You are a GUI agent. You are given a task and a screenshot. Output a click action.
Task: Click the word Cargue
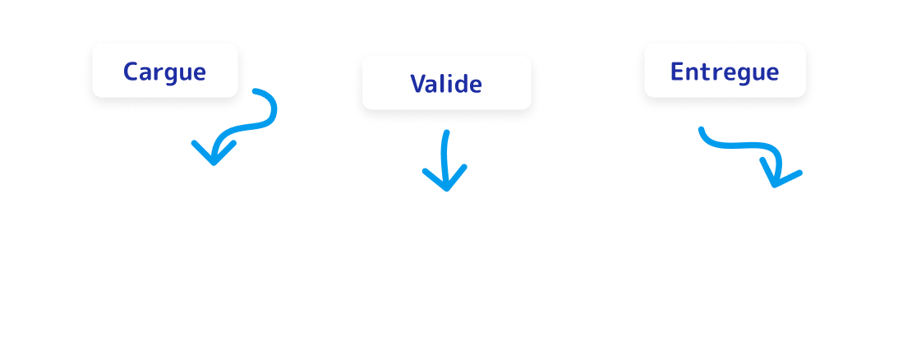(x=164, y=72)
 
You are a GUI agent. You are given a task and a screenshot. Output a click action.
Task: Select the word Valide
(x=446, y=84)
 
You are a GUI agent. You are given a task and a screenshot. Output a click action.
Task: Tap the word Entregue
(x=724, y=72)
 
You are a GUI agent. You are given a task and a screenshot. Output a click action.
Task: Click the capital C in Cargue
(x=131, y=72)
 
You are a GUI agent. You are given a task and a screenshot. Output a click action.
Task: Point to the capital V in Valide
(x=417, y=84)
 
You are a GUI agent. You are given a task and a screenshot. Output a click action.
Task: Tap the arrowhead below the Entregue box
(x=776, y=177)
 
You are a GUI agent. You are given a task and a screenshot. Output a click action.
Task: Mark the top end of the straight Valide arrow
(x=447, y=132)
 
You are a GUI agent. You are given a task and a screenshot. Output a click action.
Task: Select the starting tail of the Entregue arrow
(x=701, y=130)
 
